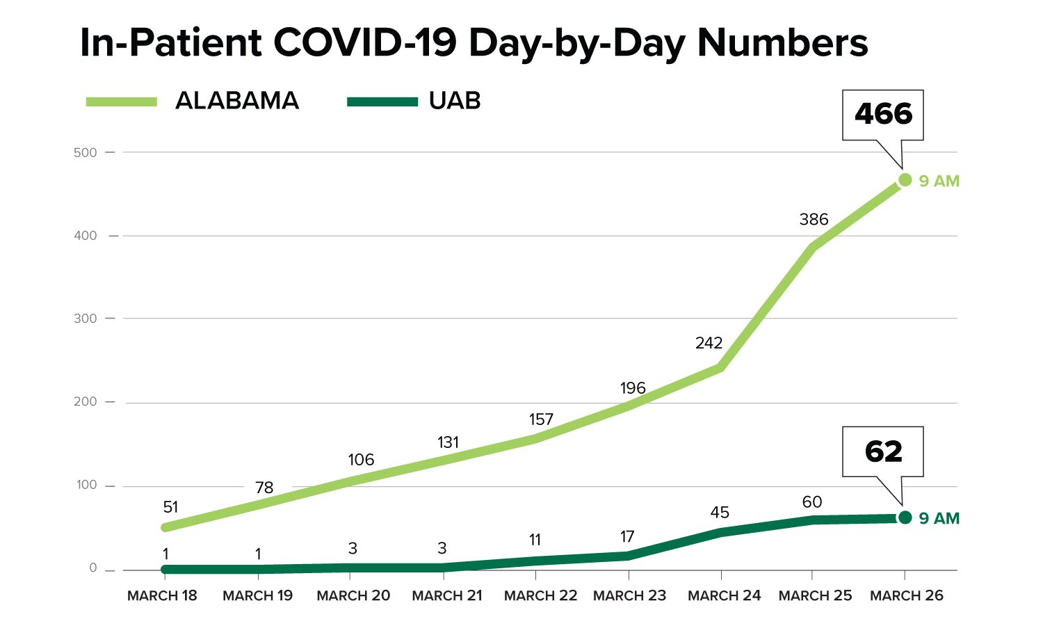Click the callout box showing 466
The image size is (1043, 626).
pyautogui.click(x=882, y=115)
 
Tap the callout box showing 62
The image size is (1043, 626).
pyautogui.click(x=882, y=452)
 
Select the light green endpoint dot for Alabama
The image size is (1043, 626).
pyautogui.click(x=905, y=180)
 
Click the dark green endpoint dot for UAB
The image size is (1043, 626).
pyautogui.click(x=905, y=517)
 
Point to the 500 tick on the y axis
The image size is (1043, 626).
pyautogui.click(x=86, y=152)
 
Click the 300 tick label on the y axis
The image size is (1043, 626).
pyautogui.click(x=86, y=319)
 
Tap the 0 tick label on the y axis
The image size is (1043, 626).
pyautogui.click(x=93, y=568)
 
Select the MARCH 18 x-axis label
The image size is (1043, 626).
pyautogui.click(x=162, y=596)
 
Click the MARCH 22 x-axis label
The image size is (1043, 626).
pyautogui.click(x=540, y=596)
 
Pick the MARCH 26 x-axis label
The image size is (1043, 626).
pyautogui.click(x=906, y=596)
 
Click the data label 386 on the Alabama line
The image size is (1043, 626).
pyautogui.click(x=814, y=220)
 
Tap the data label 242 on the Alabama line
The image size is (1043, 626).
pyautogui.click(x=709, y=343)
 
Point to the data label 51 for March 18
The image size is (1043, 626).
pyautogui.click(x=170, y=508)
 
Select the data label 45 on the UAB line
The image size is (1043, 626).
pyautogui.click(x=720, y=513)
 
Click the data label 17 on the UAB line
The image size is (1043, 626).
pyautogui.click(x=626, y=537)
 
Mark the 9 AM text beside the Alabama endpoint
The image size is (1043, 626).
pyautogui.click(x=939, y=182)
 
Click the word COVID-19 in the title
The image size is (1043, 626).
pyautogui.click(x=365, y=43)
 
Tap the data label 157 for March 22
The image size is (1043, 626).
pyautogui.click(x=540, y=419)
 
